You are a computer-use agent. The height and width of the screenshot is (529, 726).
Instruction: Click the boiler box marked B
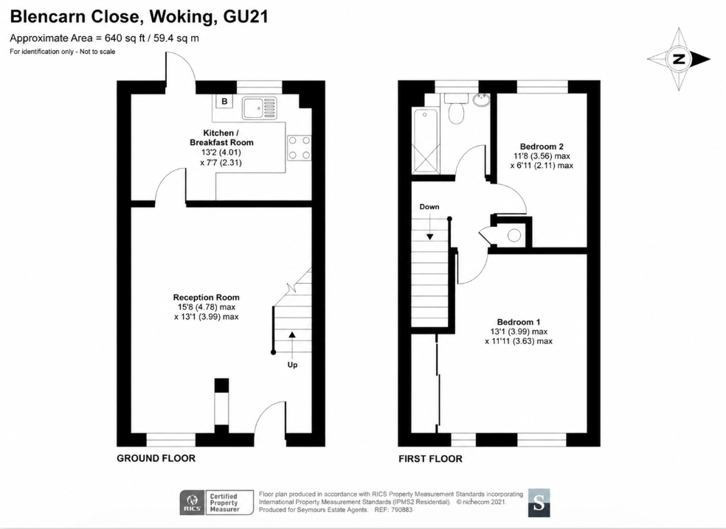click(224, 101)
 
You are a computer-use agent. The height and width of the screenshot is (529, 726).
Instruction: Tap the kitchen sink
click(259, 108)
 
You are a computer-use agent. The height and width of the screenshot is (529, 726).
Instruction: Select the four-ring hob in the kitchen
click(300, 148)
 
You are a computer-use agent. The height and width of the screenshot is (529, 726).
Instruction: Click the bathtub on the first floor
click(426, 141)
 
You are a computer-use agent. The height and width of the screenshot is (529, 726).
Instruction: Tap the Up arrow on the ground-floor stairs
click(292, 345)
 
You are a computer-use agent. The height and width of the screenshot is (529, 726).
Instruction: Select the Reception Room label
click(207, 298)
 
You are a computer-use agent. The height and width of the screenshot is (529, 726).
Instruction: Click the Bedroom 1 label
click(519, 322)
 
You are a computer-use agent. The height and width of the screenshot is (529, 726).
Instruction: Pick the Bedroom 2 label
click(542, 147)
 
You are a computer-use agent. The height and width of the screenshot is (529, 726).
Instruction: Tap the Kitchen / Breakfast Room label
click(221, 138)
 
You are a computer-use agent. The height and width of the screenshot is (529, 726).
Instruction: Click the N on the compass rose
click(680, 59)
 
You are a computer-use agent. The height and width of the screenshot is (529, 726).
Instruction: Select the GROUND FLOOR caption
click(156, 458)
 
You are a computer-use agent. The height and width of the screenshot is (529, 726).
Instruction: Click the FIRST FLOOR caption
click(431, 459)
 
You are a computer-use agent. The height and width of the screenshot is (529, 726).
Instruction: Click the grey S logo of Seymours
click(539, 502)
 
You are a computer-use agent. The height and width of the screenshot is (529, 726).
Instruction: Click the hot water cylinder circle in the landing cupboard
click(514, 235)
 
